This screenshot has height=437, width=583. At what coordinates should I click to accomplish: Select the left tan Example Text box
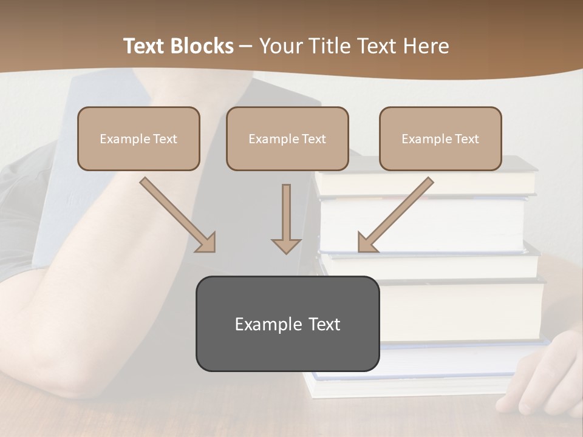[x=138, y=138]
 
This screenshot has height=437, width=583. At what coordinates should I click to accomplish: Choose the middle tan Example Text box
[x=287, y=138]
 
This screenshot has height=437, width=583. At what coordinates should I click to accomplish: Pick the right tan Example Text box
[x=440, y=138]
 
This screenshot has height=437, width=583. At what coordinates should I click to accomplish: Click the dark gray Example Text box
[x=287, y=324]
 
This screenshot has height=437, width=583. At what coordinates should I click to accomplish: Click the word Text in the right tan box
[x=466, y=139]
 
